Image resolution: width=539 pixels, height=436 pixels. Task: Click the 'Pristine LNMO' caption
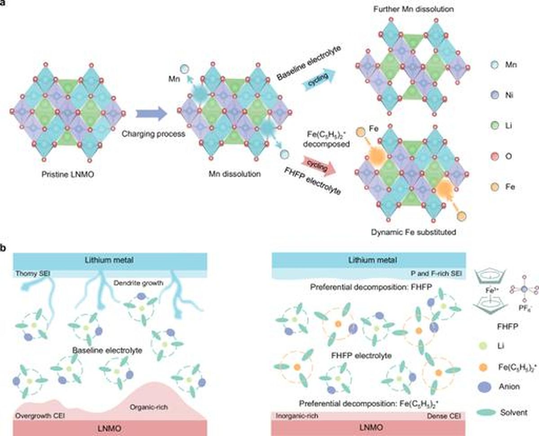pos(67,174)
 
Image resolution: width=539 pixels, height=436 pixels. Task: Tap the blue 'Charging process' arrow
pos(151,114)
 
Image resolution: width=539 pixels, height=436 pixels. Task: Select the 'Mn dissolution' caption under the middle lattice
pos(234,174)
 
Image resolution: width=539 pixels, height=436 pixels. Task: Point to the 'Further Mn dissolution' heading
pos(414,9)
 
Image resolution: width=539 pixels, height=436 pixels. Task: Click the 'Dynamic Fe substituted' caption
pos(414,232)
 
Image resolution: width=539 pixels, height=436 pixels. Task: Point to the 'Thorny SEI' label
pos(33,273)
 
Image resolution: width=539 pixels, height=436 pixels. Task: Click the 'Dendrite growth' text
pos(138,283)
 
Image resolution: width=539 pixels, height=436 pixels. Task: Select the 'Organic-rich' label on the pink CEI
pos(149,407)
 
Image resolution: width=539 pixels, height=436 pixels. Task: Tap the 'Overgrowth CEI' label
pos(40,416)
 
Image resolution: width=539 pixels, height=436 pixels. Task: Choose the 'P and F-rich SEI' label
pos(436,273)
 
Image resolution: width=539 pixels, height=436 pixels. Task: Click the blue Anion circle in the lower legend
pos(485,387)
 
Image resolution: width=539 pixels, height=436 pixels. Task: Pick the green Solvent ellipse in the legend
pos(486,413)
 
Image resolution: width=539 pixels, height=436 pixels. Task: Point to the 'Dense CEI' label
pos(444,416)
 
